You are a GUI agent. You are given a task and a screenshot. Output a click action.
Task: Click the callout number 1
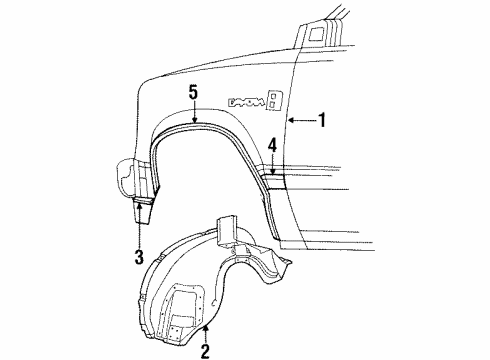323,121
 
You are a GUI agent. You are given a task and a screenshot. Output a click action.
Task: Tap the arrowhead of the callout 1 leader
288,121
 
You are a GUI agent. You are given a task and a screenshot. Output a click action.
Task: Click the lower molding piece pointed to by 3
141,210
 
